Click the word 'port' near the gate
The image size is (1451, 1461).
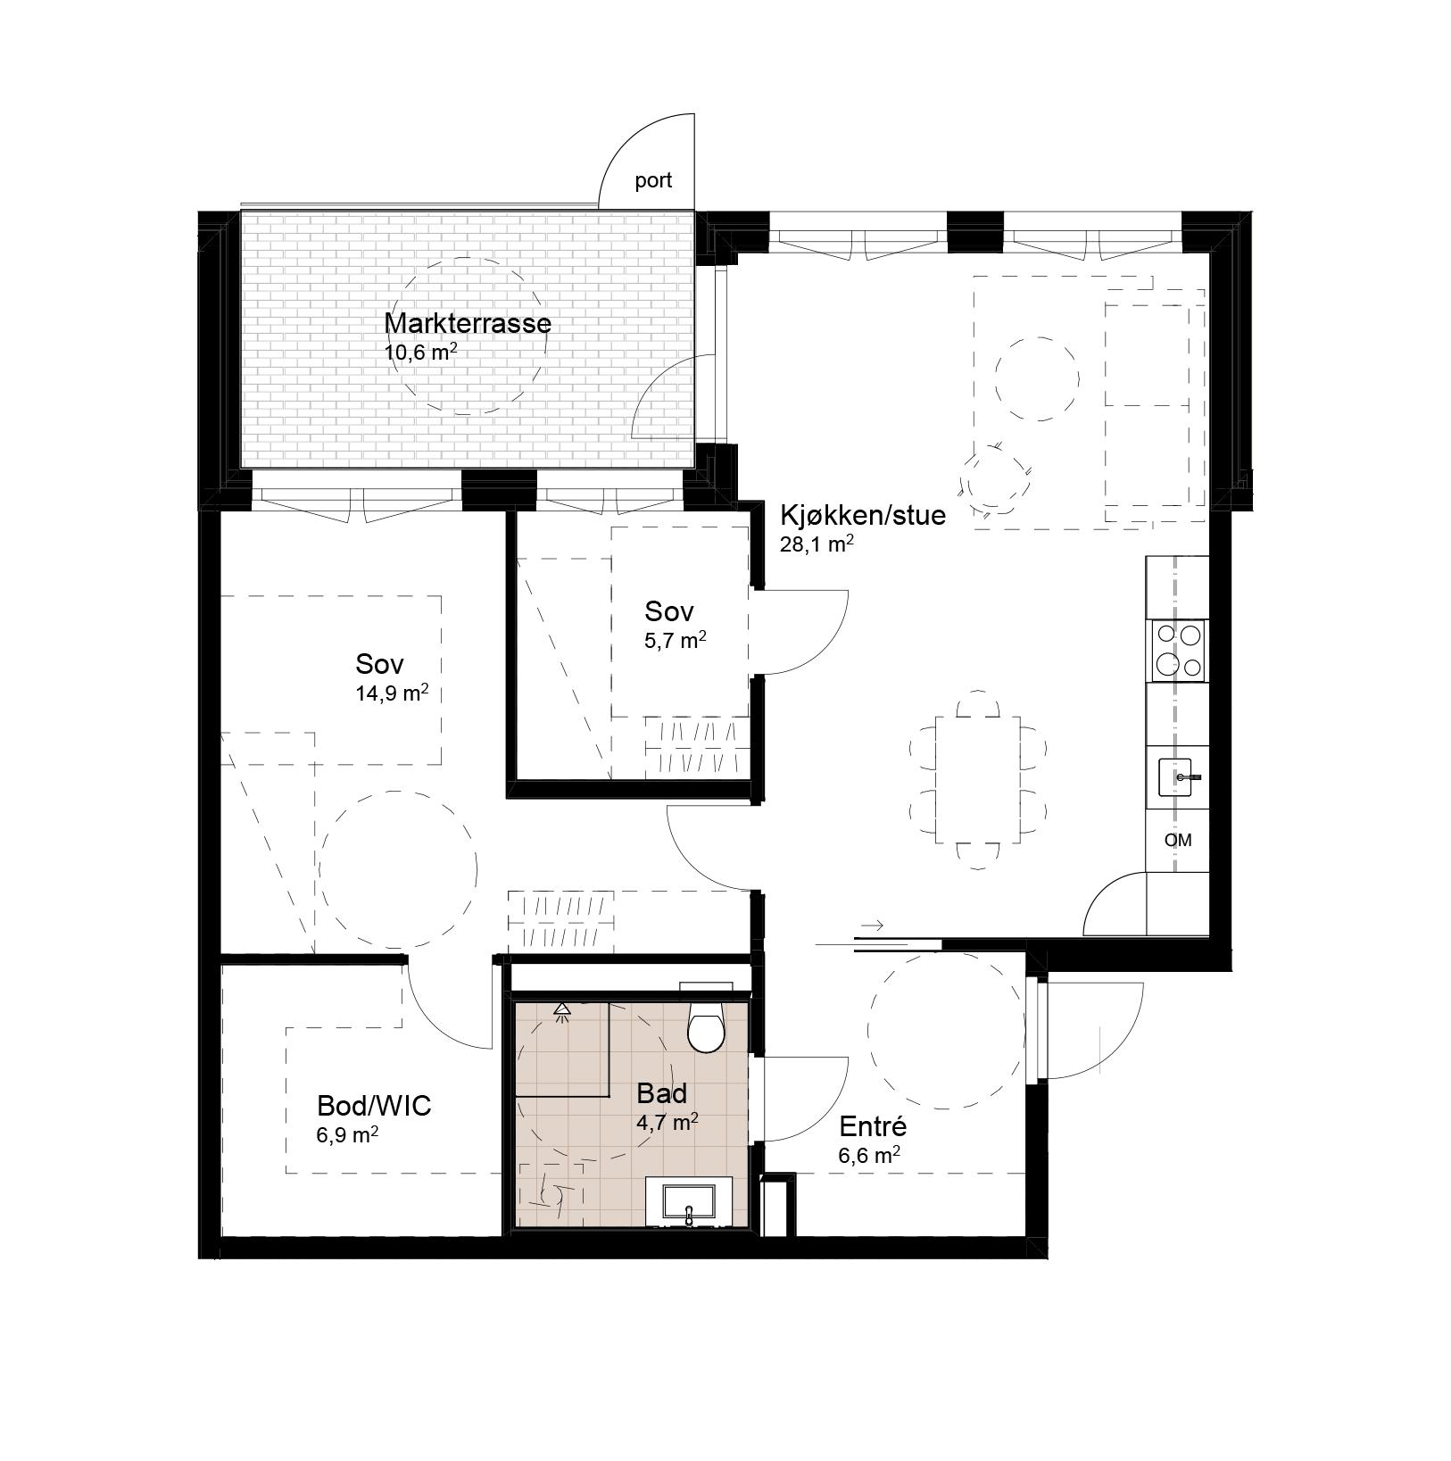tap(653, 181)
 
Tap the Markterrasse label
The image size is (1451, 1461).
tap(467, 323)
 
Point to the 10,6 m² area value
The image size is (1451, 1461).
tap(420, 351)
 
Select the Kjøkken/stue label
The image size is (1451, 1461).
tap(862, 516)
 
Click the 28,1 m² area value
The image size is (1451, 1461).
tap(817, 544)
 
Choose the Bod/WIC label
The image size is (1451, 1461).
tap(374, 1107)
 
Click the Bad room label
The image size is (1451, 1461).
tap(662, 1094)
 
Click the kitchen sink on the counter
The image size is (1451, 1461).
tap(1181, 777)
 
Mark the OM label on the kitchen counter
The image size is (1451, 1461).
tap(1178, 840)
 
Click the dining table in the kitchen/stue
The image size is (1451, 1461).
tap(977, 780)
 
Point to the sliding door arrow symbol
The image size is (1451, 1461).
tap(873, 926)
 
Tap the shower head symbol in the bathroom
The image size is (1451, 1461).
tap(562, 1010)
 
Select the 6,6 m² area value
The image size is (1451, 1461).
tap(868, 1156)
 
